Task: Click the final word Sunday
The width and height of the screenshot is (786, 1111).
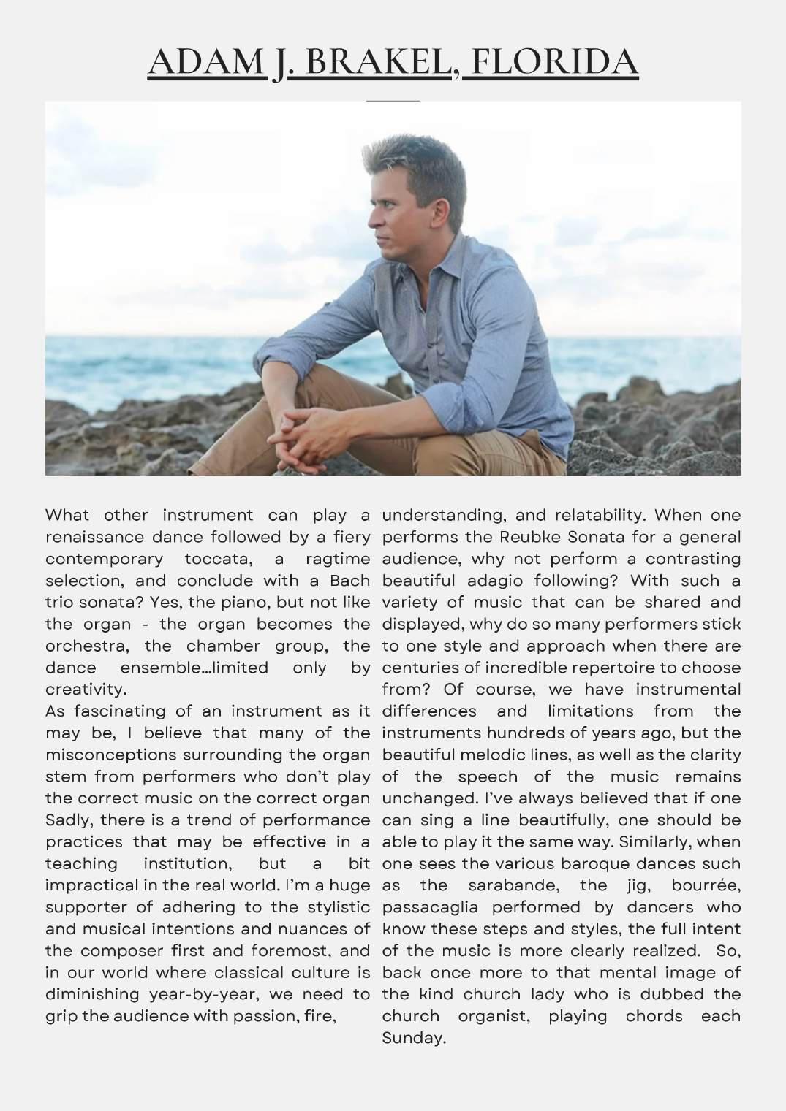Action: tap(413, 1037)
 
